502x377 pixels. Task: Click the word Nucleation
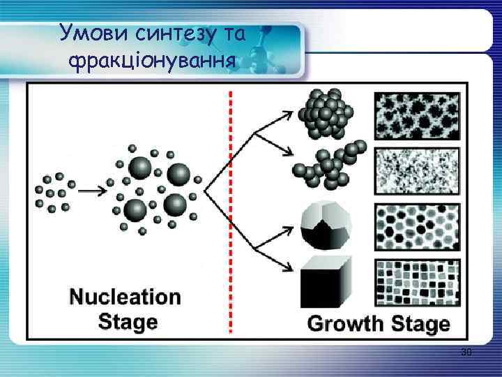click(125, 297)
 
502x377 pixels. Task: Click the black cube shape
click(325, 282)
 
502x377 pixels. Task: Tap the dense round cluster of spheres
click(326, 111)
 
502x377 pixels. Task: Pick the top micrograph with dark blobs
click(418, 114)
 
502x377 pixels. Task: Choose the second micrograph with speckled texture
click(418, 170)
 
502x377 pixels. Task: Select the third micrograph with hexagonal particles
click(418, 226)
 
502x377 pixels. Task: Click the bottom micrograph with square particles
click(418, 282)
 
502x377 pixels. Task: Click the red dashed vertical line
click(230, 209)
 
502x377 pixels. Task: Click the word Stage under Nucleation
click(128, 321)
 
